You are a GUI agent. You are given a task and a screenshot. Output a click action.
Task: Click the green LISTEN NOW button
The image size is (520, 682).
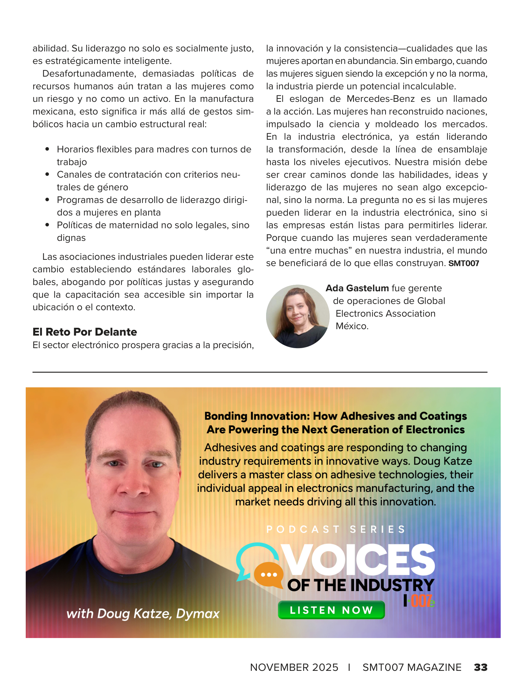point(331,610)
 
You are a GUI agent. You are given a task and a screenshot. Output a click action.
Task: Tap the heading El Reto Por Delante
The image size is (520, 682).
point(85,332)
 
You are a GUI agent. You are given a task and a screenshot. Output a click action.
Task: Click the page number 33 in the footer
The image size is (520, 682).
point(480,667)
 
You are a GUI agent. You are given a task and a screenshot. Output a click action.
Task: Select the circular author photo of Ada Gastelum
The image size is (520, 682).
point(298,316)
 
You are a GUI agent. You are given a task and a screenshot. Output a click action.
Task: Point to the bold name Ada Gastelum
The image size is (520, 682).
point(357,288)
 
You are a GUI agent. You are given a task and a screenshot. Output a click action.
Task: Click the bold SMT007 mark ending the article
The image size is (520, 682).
point(464,263)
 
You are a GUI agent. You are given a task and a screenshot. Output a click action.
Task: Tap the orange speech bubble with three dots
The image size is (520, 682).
point(268,575)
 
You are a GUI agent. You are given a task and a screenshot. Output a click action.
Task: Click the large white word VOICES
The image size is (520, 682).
point(360,560)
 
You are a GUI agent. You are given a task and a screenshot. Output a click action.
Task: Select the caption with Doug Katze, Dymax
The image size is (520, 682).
point(143,613)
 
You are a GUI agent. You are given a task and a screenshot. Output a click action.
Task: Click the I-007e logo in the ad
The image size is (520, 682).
point(419,601)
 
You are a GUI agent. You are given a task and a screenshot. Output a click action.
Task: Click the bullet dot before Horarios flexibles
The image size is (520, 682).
point(47,149)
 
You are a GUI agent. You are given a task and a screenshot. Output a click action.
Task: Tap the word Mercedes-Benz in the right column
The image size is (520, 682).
point(381,99)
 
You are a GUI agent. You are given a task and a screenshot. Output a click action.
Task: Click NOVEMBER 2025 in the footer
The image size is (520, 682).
point(294,667)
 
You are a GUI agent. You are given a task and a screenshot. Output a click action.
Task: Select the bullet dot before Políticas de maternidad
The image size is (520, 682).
point(47,225)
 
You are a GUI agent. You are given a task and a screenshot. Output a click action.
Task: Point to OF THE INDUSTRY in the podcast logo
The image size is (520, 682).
point(361,585)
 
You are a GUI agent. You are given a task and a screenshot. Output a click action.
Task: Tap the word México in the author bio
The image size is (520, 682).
point(352,326)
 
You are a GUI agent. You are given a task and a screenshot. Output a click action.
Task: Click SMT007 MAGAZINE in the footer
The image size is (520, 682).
point(412,667)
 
